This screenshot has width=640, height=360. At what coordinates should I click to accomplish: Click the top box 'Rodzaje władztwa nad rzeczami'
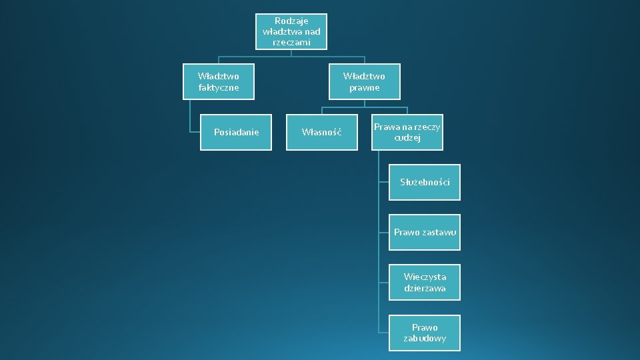click(x=291, y=32)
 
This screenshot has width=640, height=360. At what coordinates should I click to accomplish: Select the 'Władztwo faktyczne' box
click(x=219, y=82)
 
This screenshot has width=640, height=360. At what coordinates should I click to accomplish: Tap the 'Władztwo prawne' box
click(x=364, y=82)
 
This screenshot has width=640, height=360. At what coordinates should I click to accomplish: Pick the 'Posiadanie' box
click(x=236, y=133)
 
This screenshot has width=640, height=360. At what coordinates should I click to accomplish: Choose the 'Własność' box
click(x=321, y=133)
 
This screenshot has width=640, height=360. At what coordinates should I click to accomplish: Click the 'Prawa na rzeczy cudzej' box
click(x=407, y=133)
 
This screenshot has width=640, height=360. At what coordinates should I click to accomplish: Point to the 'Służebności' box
click(x=425, y=182)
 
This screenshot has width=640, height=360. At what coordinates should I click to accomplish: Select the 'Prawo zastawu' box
click(x=425, y=233)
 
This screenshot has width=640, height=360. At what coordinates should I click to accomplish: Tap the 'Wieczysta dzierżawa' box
click(x=425, y=283)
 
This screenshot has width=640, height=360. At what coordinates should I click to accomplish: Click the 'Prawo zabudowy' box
click(x=425, y=333)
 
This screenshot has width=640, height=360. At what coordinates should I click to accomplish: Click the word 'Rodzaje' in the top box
click(x=291, y=21)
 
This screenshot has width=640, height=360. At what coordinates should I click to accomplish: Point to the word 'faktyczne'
click(x=219, y=88)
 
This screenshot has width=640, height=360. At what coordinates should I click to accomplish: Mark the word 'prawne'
click(x=364, y=88)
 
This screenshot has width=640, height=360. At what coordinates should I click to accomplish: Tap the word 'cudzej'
click(x=407, y=138)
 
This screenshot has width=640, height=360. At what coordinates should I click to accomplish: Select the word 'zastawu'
click(x=439, y=233)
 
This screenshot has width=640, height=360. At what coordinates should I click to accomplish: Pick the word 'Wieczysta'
click(x=425, y=277)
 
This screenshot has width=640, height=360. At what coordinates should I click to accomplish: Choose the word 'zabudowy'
click(x=425, y=339)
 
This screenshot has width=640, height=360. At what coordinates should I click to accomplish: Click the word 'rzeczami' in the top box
click(x=291, y=42)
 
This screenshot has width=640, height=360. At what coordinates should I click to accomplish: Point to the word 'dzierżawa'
click(x=425, y=289)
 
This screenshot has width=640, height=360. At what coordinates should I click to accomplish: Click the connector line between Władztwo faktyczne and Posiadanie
click(x=190, y=117)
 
